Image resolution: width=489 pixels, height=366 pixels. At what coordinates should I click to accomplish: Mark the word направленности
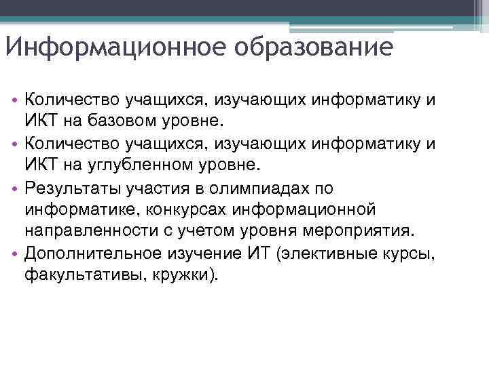click(88, 232)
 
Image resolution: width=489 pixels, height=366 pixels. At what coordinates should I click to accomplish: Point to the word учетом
click(208, 232)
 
